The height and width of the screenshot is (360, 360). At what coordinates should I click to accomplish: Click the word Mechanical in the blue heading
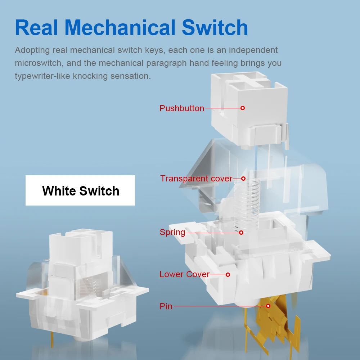pyautogui.click(x=120, y=27)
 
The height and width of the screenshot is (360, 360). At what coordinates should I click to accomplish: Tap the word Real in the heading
pyautogui.click(x=36, y=27)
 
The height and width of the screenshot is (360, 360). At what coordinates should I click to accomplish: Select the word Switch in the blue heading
pyautogui.click(x=215, y=27)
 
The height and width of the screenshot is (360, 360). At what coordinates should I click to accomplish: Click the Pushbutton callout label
pyautogui.click(x=181, y=108)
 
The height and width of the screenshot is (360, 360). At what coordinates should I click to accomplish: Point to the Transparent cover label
pyautogui.click(x=196, y=179)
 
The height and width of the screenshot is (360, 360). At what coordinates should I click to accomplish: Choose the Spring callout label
pyautogui.click(x=172, y=233)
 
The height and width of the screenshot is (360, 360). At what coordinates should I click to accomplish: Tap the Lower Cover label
pyautogui.click(x=185, y=274)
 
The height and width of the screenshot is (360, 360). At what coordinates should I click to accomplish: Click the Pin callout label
pyautogui.click(x=166, y=306)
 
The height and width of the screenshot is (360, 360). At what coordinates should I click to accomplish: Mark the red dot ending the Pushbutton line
pyautogui.click(x=243, y=108)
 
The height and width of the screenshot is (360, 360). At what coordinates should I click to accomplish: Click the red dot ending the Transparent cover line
pyautogui.click(x=243, y=179)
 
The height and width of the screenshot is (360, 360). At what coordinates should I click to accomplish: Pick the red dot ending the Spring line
pyautogui.click(x=241, y=233)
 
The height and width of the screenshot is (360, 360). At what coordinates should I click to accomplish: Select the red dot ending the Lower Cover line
pyautogui.click(x=228, y=275)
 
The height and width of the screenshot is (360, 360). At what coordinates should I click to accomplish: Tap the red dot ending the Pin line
pyautogui.click(x=268, y=306)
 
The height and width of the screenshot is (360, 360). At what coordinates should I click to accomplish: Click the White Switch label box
pyautogui.click(x=80, y=190)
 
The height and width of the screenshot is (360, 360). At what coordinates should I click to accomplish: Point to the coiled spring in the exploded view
pyautogui.click(x=247, y=204)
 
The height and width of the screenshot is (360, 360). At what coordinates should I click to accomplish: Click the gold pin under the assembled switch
pyautogui.click(x=52, y=339)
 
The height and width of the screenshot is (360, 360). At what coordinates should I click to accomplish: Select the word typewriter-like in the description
pyautogui.click(x=42, y=76)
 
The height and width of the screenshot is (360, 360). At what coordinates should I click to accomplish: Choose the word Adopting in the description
pyautogui.click(x=32, y=50)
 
